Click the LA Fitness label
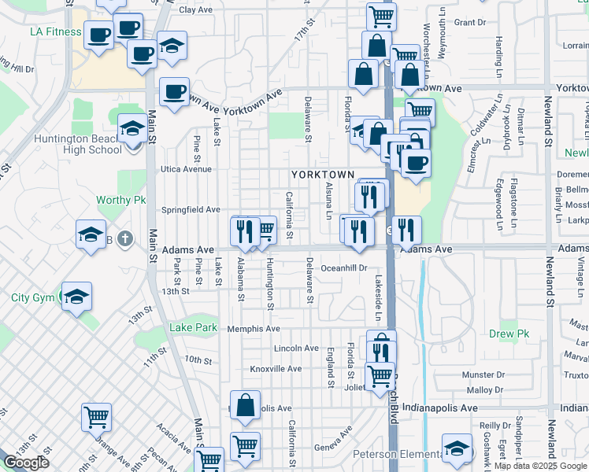tap(56, 32)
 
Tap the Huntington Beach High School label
tap(78, 145)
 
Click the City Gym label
tap(31, 297)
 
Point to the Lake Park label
tap(193, 327)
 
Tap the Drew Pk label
tap(512, 334)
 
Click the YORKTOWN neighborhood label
tap(323, 174)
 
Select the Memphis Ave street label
tap(254, 329)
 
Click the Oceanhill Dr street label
tap(344, 268)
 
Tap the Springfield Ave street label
tap(191, 210)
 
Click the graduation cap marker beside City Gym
tap(77, 297)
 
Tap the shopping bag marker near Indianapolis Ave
tap(245, 406)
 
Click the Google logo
tap(26, 463)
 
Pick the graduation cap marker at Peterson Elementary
tap(457, 449)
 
